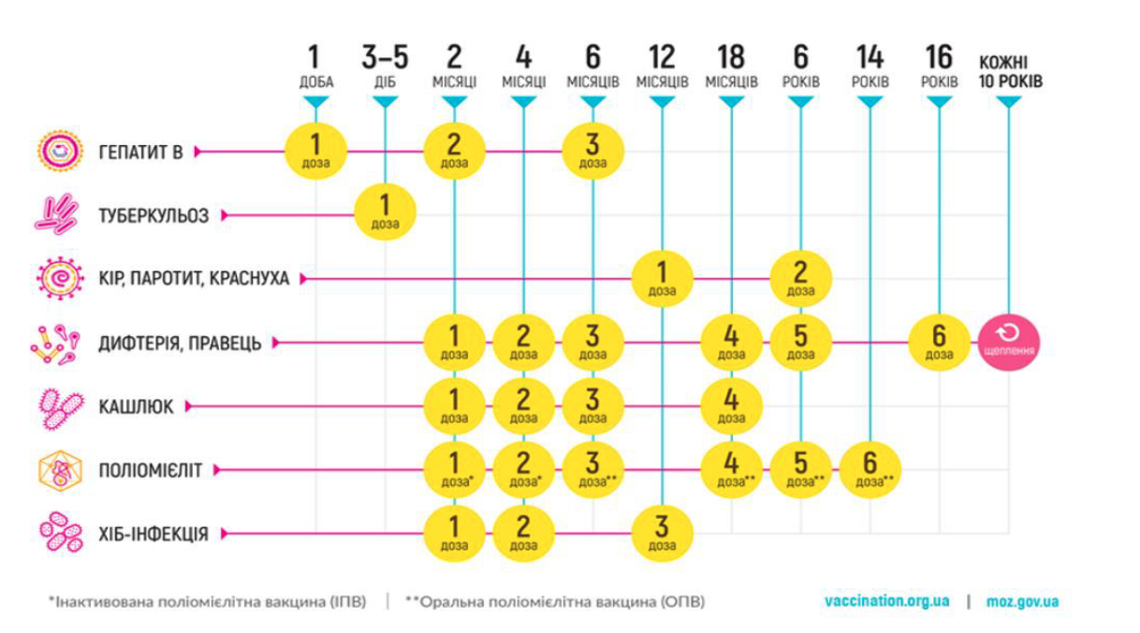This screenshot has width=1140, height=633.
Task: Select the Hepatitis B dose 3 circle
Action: (x=592, y=150)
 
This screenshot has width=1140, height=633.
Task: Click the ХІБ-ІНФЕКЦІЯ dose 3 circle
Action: (x=662, y=534)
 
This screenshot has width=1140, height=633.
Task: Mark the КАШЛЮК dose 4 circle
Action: (x=732, y=405)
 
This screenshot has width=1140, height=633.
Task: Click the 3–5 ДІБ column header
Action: (x=385, y=66)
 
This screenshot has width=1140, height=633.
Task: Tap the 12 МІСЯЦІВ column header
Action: (x=662, y=66)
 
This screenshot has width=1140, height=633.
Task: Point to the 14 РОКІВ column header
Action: (x=870, y=66)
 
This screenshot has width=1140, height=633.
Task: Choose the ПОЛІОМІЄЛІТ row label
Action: (x=150, y=470)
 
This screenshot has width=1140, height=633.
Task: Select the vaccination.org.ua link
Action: (x=886, y=601)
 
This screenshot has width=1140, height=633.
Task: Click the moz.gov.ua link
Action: (x=1023, y=601)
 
